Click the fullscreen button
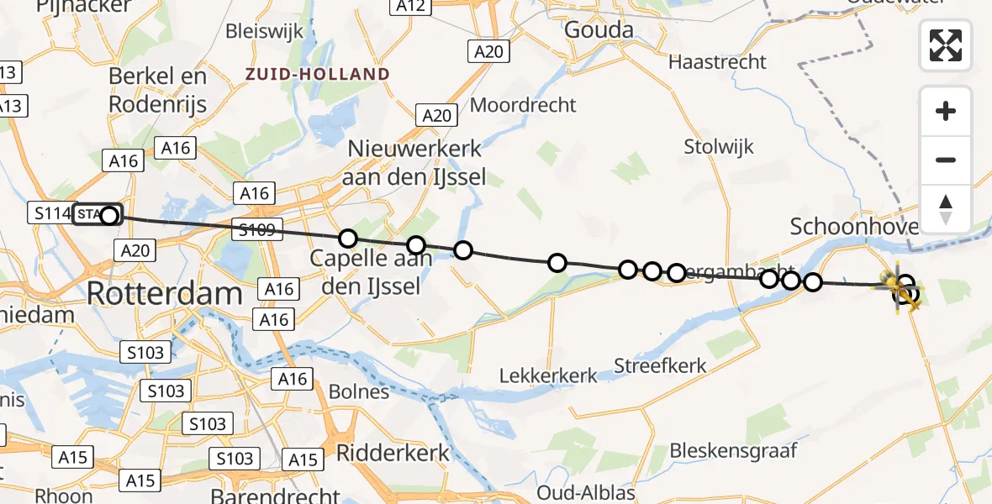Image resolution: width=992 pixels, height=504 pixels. pos(946,45)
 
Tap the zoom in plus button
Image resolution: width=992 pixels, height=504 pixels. pos(946,111)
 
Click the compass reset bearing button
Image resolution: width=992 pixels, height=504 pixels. pos(946,209)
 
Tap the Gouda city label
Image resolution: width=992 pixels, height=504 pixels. pos(599,30)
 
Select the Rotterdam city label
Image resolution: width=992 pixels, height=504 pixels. pos(165,294)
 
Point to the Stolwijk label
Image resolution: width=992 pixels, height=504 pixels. pos(719,147)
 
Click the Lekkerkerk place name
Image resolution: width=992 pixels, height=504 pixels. pos(548,375)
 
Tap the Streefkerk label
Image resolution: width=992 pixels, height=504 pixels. pos(660,366)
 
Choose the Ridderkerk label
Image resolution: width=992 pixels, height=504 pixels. pos(393,453)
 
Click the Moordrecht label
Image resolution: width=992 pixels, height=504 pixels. pos(523,105)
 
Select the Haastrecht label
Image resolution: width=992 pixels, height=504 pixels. pos(717,61)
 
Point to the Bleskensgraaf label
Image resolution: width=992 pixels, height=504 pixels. pos(733,450)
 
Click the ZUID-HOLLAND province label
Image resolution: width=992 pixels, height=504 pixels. pos(318,74)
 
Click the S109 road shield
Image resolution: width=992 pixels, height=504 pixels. pos(257,229)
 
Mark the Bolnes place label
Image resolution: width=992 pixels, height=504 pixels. pos(359,391)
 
